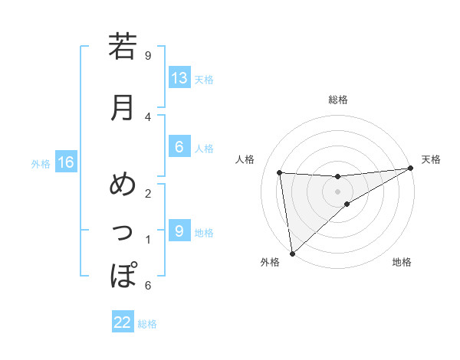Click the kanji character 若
(x=122, y=47)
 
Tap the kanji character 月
(x=122, y=107)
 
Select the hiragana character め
(x=122, y=186)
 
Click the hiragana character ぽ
(x=122, y=275)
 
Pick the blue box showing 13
(x=179, y=78)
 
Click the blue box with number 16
(x=66, y=162)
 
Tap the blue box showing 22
(x=123, y=322)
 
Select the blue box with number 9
(x=179, y=231)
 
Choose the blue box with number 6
(x=179, y=147)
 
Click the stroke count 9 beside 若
(x=148, y=55)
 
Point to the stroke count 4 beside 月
(x=148, y=116)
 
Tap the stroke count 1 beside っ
(x=148, y=239)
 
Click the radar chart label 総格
(x=338, y=100)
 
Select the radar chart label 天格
(x=431, y=159)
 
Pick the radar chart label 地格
(x=402, y=262)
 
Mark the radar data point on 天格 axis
(x=410, y=169)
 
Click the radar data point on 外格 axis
(x=292, y=254)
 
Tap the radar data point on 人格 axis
(x=280, y=172)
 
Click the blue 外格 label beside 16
(x=40, y=163)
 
